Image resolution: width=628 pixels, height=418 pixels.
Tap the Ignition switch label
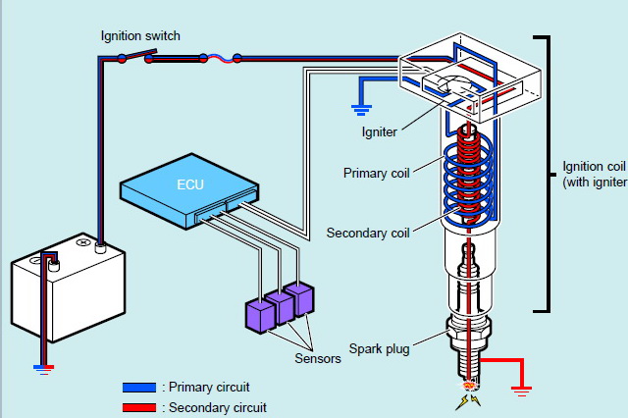(x=141, y=35)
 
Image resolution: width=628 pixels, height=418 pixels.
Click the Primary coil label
(x=376, y=174)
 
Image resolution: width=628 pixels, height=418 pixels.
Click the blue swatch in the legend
(x=138, y=388)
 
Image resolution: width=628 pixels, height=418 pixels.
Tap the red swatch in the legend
(x=138, y=406)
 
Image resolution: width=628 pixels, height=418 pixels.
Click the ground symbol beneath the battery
(x=41, y=369)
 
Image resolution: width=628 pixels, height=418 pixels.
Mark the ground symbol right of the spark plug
(x=521, y=390)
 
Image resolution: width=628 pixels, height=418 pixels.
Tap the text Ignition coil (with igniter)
(x=594, y=174)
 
